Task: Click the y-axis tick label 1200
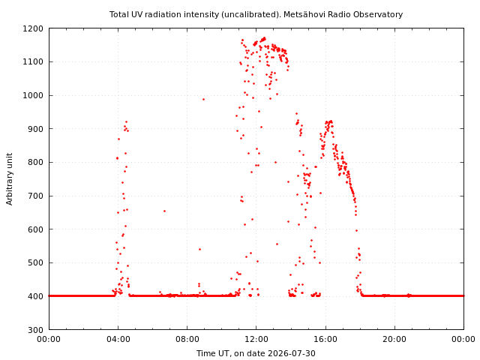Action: (x=33, y=28)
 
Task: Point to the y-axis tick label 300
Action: (x=35, y=330)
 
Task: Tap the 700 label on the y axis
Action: (x=35, y=196)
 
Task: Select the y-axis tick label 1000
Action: (x=33, y=95)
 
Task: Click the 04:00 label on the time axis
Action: (x=118, y=339)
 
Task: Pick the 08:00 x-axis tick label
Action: (x=187, y=339)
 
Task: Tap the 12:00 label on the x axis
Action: (x=256, y=339)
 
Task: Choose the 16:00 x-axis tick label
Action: (x=325, y=339)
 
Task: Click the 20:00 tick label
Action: (x=395, y=339)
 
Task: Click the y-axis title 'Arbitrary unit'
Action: (x=10, y=179)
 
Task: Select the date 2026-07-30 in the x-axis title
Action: (x=292, y=353)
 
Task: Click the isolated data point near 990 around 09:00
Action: (x=203, y=99)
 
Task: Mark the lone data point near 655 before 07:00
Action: (x=164, y=211)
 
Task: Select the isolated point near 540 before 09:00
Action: (x=200, y=249)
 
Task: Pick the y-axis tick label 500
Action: (x=35, y=263)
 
